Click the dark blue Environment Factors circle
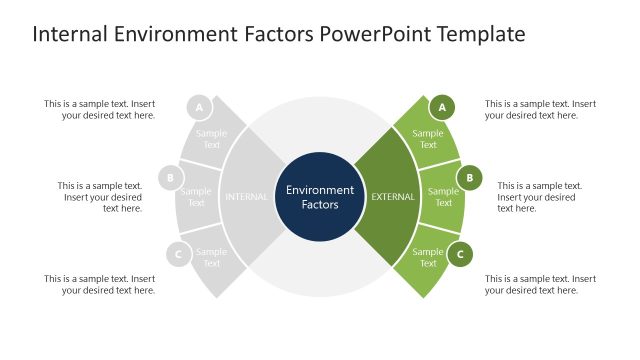(x=320, y=197)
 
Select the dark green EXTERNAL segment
(x=391, y=197)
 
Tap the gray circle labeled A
(x=199, y=107)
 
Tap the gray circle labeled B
(x=171, y=179)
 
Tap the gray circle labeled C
(x=178, y=254)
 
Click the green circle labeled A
(x=442, y=107)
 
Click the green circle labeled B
(x=469, y=179)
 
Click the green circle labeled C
(x=460, y=254)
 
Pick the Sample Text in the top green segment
(x=428, y=139)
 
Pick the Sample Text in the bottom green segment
(x=428, y=258)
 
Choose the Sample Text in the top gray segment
(x=212, y=139)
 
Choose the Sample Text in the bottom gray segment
(x=212, y=258)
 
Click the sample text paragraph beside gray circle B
(x=100, y=197)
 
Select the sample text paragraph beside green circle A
(x=540, y=109)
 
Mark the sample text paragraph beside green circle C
(x=540, y=284)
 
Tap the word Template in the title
(x=477, y=35)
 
